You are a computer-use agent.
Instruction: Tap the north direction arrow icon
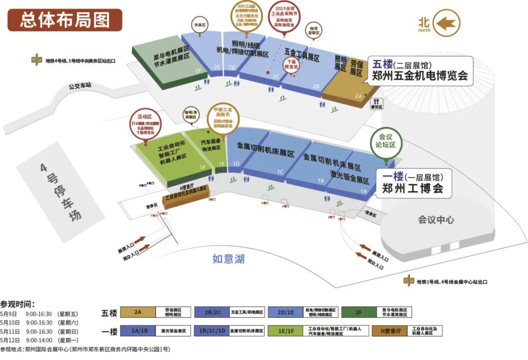445,23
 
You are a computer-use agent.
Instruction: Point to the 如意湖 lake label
228,258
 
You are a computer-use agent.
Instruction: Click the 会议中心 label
436,220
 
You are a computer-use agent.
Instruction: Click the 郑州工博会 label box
413,183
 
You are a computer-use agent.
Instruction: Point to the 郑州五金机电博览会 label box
420,70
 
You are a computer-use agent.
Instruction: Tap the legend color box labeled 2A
138,312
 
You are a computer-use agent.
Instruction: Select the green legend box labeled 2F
359,312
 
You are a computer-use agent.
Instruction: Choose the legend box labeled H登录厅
390,331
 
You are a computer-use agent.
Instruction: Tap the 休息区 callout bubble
199,24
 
